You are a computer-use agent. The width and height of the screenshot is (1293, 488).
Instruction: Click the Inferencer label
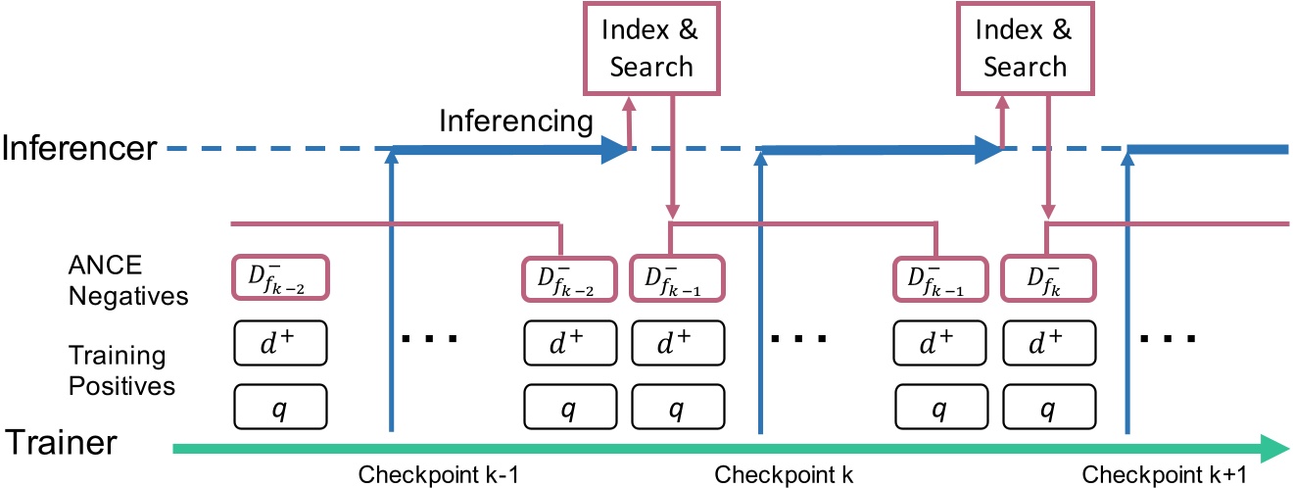pyautogui.click(x=78, y=149)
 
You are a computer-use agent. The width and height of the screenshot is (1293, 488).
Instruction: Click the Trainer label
pyautogui.click(x=64, y=443)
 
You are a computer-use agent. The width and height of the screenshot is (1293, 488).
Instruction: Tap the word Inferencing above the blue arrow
pyautogui.click(x=515, y=121)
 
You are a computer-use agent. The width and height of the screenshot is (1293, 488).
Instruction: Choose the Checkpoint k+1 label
pyautogui.click(x=1164, y=475)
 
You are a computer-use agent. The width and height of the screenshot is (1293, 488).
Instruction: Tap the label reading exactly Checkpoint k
pyautogui.click(x=784, y=475)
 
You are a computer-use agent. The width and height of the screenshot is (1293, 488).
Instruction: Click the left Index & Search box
pyautogui.click(x=647, y=49)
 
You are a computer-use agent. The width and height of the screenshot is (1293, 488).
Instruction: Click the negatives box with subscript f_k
pyautogui.click(x=1047, y=278)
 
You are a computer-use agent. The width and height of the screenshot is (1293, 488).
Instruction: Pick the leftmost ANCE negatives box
pyautogui.click(x=280, y=278)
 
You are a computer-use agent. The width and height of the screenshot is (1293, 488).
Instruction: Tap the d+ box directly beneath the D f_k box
pyautogui.click(x=1047, y=344)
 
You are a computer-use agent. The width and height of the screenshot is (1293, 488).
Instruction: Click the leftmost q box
pyautogui.click(x=280, y=406)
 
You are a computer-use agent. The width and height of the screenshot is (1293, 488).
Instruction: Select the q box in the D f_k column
pyautogui.click(x=1047, y=406)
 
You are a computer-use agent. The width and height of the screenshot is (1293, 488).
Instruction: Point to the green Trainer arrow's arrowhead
pyautogui.click(x=1273, y=448)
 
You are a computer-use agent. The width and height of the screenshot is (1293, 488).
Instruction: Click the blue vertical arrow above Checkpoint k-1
pyautogui.click(x=391, y=294)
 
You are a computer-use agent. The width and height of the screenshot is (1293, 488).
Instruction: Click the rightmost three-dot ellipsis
pyautogui.click(x=1167, y=340)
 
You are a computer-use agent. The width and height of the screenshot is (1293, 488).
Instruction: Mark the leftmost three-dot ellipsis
pyautogui.click(x=430, y=340)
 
